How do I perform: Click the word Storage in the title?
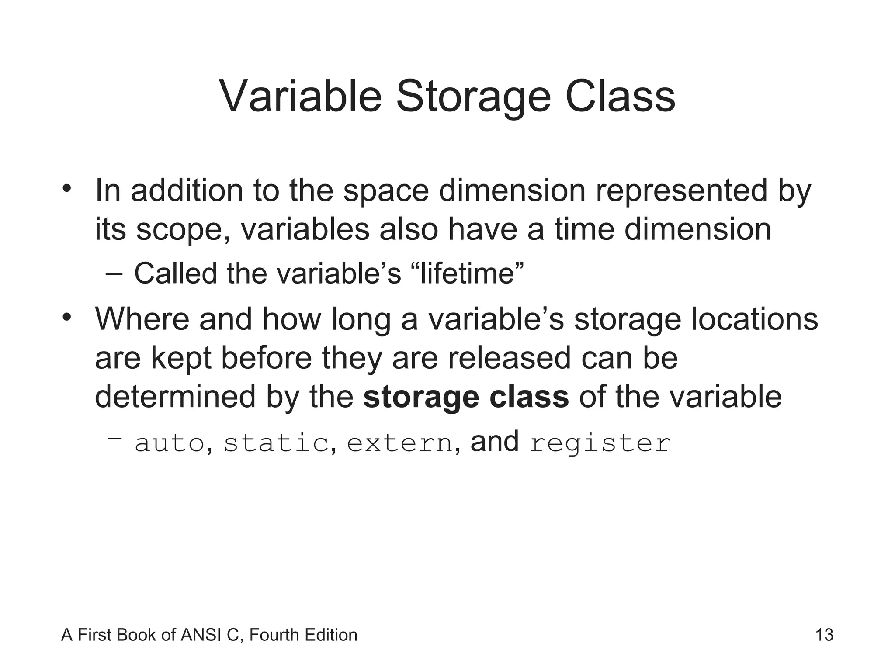[x=473, y=97]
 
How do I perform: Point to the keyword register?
[x=600, y=444]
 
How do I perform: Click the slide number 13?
[x=824, y=635]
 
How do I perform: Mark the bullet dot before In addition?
[x=66, y=189]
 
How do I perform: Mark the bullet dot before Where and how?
[x=66, y=317]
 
